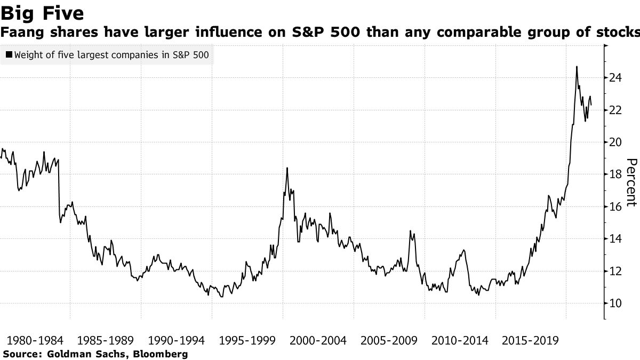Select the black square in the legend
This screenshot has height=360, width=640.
tap(9, 55)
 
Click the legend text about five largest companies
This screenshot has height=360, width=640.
tap(111, 55)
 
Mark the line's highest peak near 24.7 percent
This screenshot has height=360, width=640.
tap(577, 67)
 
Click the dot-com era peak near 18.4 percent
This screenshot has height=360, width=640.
tap(287, 168)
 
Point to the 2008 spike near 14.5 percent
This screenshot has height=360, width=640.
tap(410, 231)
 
